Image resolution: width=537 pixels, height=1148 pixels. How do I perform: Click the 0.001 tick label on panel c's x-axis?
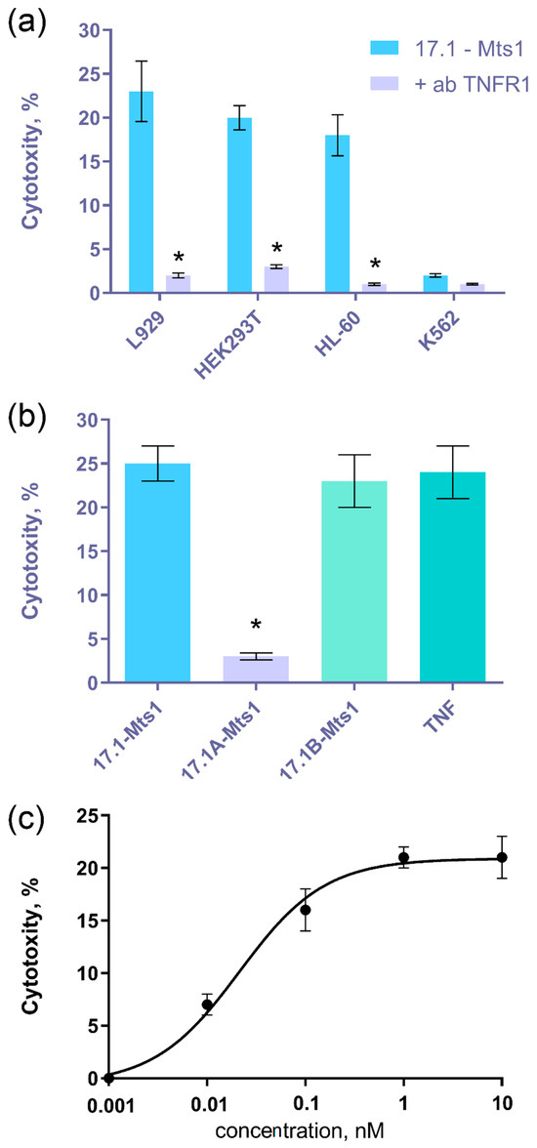click(x=109, y=1106)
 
